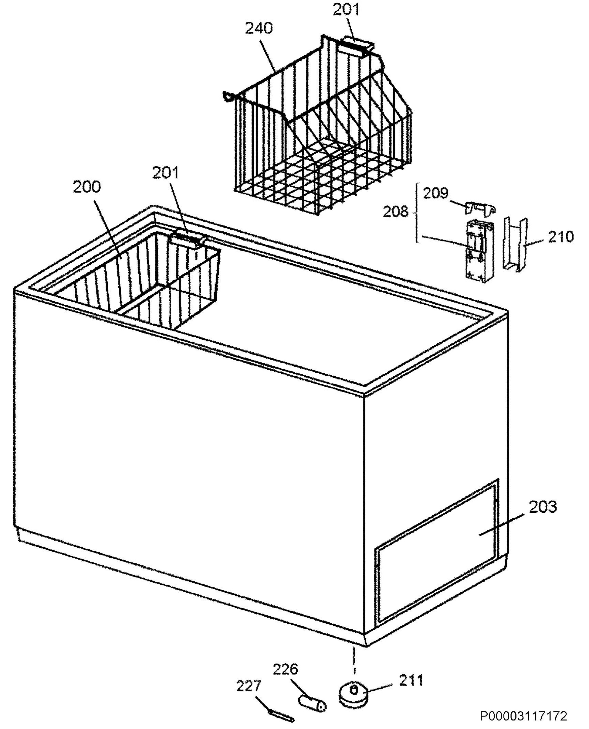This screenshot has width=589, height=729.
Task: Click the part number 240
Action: (259, 29)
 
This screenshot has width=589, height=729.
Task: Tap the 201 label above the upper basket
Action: (345, 10)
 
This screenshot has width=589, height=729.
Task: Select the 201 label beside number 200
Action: (165, 173)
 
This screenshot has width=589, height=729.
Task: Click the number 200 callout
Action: (87, 187)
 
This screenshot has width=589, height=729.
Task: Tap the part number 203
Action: (543, 507)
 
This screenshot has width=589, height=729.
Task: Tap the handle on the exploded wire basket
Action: (357, 46)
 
